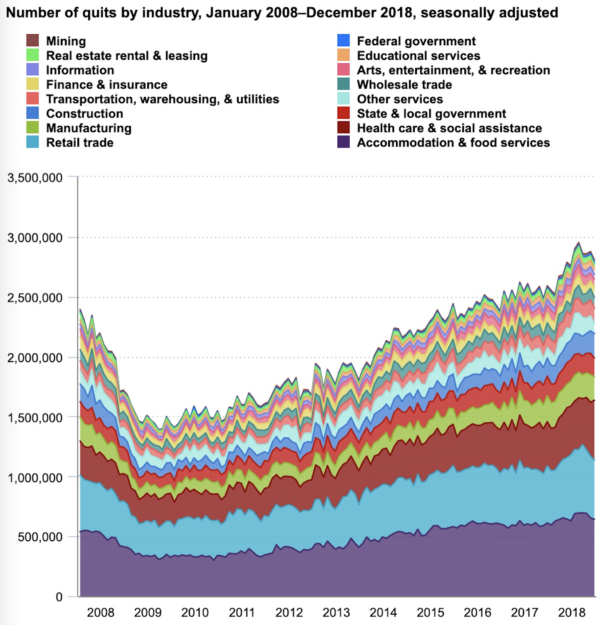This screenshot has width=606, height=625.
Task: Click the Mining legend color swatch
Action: point(33,41)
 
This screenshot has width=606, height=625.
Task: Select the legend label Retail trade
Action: point(80,143)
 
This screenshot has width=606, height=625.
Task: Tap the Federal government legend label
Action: point(416,41)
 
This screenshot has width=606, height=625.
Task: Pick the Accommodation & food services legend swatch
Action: point(344,142)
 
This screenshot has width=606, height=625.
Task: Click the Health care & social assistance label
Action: point(449,128)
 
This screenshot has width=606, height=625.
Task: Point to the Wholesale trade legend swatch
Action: point(344,84)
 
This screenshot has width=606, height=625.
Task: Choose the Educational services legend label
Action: point(419,56)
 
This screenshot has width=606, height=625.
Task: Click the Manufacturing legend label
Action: point(89,128)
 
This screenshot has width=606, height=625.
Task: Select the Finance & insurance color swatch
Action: point(33,84)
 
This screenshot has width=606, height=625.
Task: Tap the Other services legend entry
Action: point(400,99)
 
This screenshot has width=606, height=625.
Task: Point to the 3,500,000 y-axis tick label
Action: point(35,178)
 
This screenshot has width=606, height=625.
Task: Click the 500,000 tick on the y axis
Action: point(40,537)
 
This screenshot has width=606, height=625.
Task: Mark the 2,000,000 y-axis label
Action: point(35,358)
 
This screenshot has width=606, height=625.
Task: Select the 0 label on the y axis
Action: point(59,597)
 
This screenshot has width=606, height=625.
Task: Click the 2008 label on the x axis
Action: point(101,613)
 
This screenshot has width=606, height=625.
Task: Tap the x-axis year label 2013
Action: point(336,613)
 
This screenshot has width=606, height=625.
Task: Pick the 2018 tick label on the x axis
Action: point(572,613)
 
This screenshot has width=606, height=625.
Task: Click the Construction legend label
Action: point(84,114)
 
